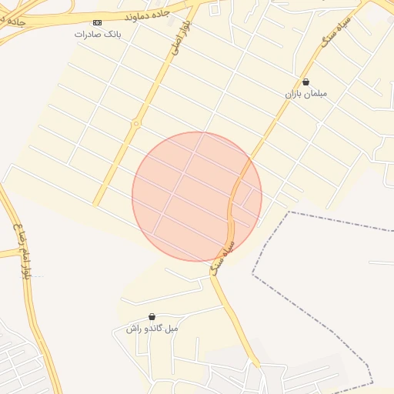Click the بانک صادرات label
[x=98, y=35]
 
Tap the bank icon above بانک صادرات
[x=98, y=23]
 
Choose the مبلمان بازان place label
[x=306, y=93]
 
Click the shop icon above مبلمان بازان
[x=306, y=82]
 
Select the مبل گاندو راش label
[x=152, y=329]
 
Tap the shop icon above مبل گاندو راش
[x=152, y=316]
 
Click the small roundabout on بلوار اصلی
[x=136, y=123]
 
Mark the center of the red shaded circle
[x=197, y=197]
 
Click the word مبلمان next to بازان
[x=315, y=93]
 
